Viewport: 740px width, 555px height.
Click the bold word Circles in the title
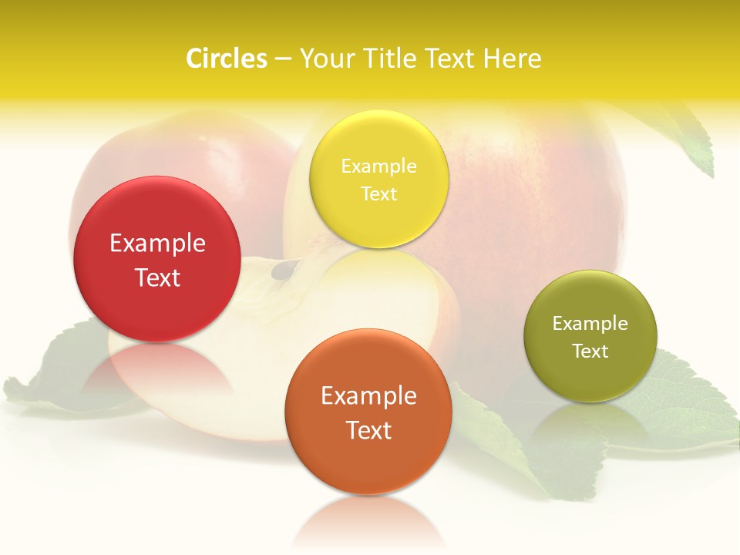[226, 59]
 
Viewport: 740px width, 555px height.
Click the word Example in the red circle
[157, 244]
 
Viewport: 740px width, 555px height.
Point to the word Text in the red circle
[157, 277]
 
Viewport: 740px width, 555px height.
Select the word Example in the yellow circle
[378, 166]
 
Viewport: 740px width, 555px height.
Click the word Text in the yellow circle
[378, 193]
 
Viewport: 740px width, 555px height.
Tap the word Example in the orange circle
[368, 396]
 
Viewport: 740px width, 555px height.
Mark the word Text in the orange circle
[368, 430]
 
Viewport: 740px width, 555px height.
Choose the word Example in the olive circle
[590, 324]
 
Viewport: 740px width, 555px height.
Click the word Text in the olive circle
[590, 351]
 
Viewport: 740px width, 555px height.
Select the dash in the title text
[283, 59]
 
